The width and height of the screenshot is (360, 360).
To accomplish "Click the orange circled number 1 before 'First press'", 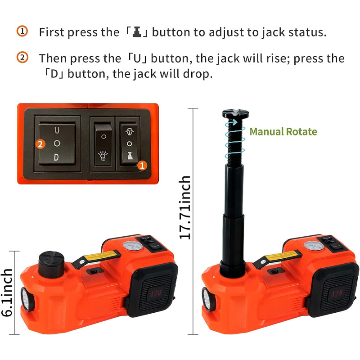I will [x=22, y=31].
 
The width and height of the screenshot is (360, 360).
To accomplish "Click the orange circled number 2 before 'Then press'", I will [x=22, y=58].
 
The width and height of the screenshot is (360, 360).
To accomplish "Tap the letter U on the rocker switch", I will [x=56, y=130].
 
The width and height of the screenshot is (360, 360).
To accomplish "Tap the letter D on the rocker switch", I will [x=56, y=157].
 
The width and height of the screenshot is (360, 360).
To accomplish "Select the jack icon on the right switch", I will [x=129, y=157].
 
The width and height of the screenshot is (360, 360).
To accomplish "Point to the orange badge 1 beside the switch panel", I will [x=142, y=166].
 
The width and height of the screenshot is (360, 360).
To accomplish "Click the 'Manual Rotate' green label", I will [x=283, y=131].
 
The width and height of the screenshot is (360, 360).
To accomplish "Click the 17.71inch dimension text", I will [x=185, y=207].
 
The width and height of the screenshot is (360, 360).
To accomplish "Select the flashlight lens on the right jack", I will [x=208, y=299].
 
